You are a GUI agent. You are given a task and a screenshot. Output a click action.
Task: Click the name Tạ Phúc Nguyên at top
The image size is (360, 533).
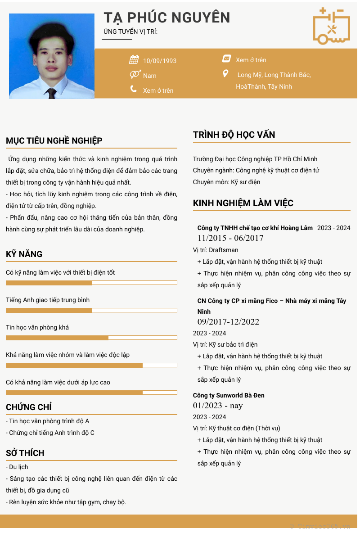[x=167, y=18]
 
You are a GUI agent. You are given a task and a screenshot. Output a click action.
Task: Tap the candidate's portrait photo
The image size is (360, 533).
[x=52, y=56]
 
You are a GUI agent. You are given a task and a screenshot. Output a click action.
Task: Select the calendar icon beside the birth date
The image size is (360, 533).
[x=134, y=59]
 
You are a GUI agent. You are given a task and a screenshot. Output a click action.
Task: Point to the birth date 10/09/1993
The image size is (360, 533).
[x=160, y=61]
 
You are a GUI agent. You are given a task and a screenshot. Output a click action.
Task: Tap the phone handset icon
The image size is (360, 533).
[x=134, y=89]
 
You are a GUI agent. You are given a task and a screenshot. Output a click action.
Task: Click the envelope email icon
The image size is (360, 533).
[x=226, y=59]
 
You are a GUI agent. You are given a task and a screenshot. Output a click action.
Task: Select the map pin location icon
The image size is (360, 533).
[x=226, y=73]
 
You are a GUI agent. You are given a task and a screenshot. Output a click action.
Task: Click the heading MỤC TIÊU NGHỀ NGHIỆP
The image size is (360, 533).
[x=54, y=140]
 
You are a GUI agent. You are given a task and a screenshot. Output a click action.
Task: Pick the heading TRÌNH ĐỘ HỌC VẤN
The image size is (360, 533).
[x=234, y=135]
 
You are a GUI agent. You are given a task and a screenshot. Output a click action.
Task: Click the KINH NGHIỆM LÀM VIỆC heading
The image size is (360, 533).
[x=243, y=203]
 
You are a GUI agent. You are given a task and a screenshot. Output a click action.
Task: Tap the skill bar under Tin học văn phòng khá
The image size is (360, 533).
[x=91, y=338]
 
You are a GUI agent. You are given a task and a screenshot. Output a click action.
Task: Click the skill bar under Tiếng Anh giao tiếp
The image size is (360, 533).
[x=91, y=310]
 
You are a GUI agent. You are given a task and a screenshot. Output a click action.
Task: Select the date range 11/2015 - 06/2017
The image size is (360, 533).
[x=230, y=238]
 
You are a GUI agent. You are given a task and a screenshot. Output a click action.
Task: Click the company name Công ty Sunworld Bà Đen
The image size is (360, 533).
[x=229, y=395]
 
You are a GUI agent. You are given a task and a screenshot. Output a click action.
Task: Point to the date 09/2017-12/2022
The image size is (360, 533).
[x=228, y=321]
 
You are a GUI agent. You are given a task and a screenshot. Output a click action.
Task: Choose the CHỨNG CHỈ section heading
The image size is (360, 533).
[x=29, y=407]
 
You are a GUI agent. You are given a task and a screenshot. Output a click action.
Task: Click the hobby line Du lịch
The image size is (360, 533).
[x=18, y=467]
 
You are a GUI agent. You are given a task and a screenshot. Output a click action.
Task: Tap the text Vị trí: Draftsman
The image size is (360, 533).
[x=216, y=250]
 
